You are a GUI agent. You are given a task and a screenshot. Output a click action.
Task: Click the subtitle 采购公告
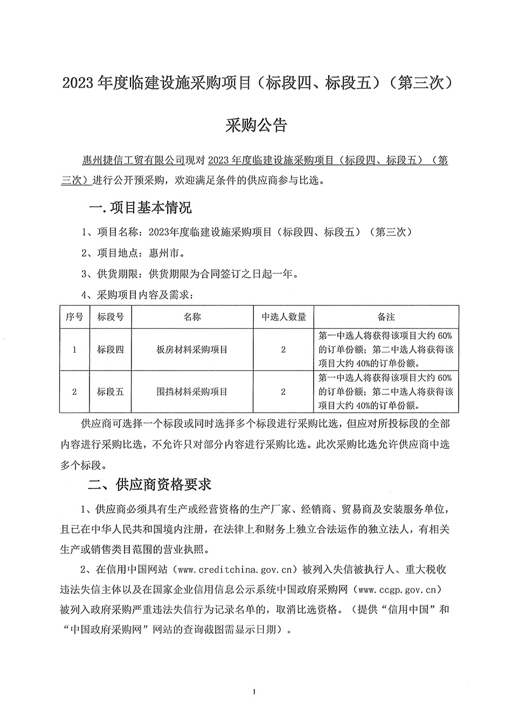pos(256,126)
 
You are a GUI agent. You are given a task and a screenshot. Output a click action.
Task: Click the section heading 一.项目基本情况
pos(140,208)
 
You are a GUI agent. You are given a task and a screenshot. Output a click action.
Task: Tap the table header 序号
pos(74,317)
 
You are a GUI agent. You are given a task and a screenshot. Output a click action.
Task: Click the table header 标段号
pos(110,317)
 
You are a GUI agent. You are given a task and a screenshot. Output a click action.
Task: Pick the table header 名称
pos(192,317)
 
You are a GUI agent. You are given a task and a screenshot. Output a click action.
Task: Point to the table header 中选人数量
pos(283,317)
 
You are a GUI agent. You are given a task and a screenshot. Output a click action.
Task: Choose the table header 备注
pos(386,317)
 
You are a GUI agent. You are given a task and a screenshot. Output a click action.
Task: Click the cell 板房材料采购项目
pos(192,350)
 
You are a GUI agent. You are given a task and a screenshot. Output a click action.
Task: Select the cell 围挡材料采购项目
pos(192,392)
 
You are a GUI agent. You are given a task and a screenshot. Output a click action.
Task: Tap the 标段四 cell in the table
pos(110,350)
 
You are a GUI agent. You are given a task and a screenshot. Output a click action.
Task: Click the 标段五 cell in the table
pos(110,392)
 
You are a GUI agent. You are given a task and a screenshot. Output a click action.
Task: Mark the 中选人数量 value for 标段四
pos(283,350)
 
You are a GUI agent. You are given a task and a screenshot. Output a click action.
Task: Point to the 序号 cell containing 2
pos(74,392)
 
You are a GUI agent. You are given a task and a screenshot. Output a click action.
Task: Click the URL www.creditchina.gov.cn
pos(237,569)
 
